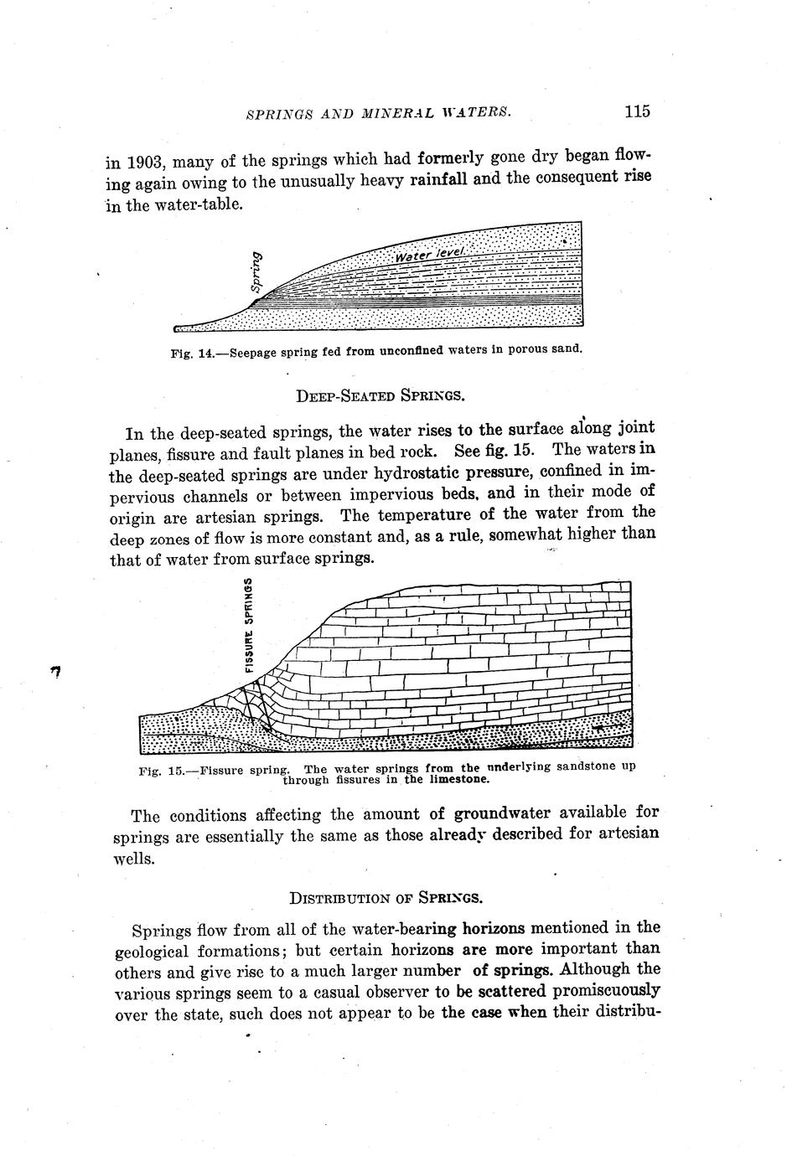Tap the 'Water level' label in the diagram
[x=428, y=253]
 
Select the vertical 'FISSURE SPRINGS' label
[x=249, y=624]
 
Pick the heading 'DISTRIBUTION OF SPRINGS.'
[x=386, y=898]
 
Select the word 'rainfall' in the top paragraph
[x=438, y=181]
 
